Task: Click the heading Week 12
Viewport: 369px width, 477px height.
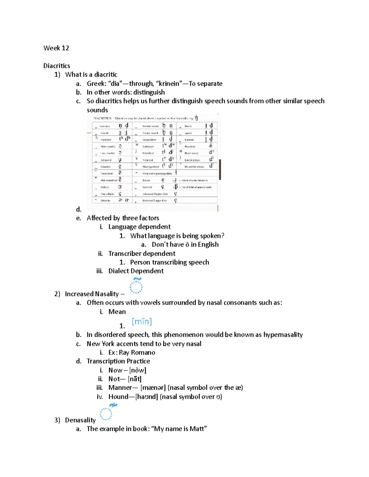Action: (56, 48)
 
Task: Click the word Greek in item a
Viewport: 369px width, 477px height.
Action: (96, 84)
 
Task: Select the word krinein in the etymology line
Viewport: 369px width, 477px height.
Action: (169, 84)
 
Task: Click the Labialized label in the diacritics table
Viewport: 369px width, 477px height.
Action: (148, 147)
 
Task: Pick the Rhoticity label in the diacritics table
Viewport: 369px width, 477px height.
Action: (105, 201)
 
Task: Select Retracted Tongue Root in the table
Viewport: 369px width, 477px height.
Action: (155, 201)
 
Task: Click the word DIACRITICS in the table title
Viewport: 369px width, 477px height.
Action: (102, 118)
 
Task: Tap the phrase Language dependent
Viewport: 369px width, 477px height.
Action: (139, 227)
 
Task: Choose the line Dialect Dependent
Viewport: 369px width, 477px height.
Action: (136, 271)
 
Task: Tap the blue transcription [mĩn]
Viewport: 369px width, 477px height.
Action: (142, 322)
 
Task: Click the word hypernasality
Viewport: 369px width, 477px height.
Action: (283, 334)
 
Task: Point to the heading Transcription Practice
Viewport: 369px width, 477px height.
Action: (118, 361)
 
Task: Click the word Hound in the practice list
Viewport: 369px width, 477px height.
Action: (118, 397)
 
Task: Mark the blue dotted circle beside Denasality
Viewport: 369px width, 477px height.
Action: (106, 414)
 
